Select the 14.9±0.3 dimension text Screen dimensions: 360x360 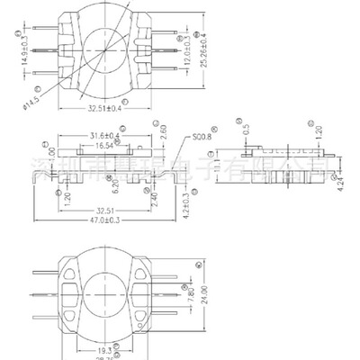[23, 52]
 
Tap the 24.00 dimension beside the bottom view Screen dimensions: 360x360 [212, 293]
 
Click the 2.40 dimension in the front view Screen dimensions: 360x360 [157, 192]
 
